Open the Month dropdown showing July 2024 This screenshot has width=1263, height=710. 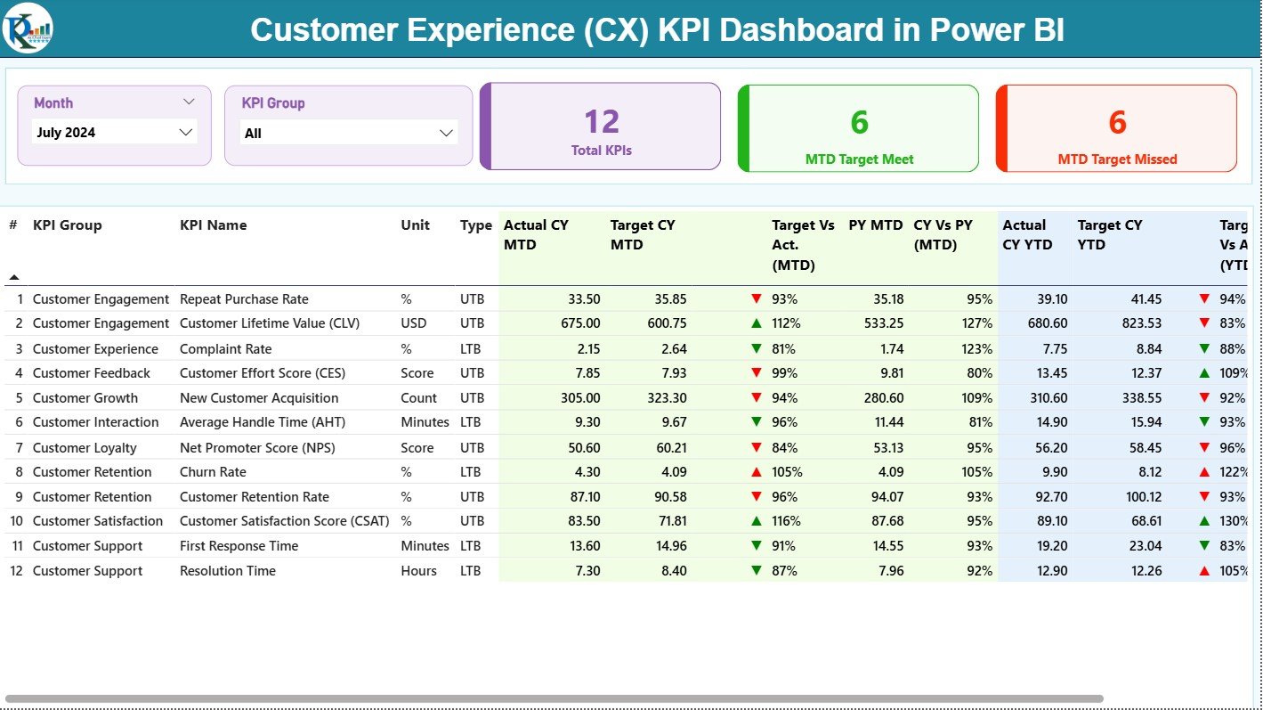click(x=114, y=132)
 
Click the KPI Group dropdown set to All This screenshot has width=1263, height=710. click(x=348, y=133)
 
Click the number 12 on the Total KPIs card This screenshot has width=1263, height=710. click(x=602, y=122)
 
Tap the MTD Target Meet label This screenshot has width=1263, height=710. click(x=859, y=159)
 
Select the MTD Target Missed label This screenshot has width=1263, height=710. click(x=1117, y=159)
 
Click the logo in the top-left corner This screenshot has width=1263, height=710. click(x=28, y=29)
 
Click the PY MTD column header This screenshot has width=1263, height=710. click(x=875, y=225)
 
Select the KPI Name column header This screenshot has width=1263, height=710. click(x=214, y=225)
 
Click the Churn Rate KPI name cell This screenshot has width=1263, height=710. click(x=213, y=472)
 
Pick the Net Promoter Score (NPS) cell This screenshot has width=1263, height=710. click(x=249, y=448)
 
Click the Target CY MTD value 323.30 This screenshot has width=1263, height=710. click(x=664, y=398)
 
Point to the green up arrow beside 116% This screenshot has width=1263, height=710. click(x=757, y=521)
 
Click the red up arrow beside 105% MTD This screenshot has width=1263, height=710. click(x=757, y=472)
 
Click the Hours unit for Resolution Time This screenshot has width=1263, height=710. click(x=418, y=571)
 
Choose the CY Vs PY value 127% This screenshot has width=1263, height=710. click(x=976, y=323)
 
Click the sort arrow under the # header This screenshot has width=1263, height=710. click(x=13, y=277)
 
